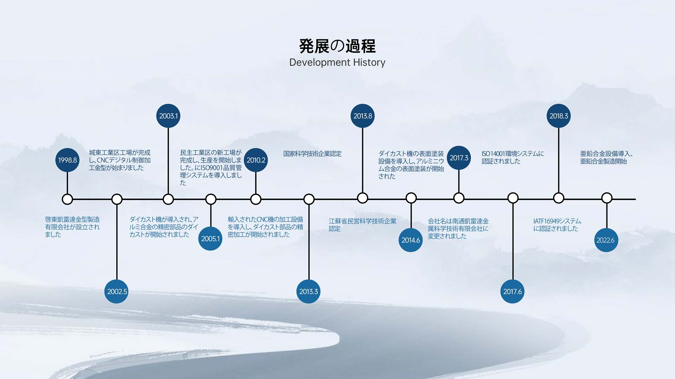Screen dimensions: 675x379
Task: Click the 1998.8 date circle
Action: coord(67,160)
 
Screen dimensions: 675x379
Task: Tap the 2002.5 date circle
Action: coord(116,291)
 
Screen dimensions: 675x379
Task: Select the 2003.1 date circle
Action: coord(168,116)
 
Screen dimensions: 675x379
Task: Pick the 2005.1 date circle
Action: coord(210,239)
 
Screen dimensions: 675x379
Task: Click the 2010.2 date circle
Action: coord(256,160)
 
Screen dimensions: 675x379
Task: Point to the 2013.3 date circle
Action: coord(308,291)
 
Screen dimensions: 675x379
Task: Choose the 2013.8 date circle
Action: coord(362,116)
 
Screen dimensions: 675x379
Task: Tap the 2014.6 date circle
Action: coord(411,240)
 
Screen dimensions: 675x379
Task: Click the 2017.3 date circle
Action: coord(459,158)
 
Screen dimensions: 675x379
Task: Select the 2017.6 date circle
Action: coord(512,291)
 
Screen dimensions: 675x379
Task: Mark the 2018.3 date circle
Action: coord(559,116)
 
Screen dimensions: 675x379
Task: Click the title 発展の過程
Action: coord(337,46)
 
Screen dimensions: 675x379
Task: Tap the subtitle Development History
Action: coord(337,62)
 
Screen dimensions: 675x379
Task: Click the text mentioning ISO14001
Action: coord(513,158)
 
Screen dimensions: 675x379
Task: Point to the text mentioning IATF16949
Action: coord(557,225)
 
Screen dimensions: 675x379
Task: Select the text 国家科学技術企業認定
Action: coord(312,154)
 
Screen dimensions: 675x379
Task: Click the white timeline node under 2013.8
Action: coord(362,198)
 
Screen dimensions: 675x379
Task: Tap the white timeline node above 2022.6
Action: coord(607,198)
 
